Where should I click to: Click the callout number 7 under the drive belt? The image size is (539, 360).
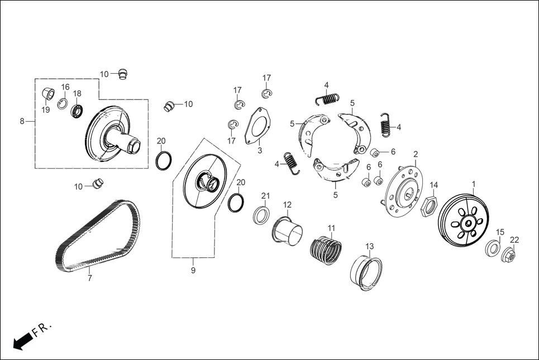(x=89, y=277)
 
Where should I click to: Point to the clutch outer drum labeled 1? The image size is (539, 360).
(x=462, y=222)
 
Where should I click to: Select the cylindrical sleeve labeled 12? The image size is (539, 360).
(x=287, y=229)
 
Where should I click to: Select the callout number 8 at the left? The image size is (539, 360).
(x=22, y=121)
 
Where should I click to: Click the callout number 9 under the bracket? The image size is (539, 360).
(x=193, y=270)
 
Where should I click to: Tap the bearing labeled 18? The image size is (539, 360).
(x=77, y=111)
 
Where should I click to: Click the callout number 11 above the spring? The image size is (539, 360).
(x=331, y=228)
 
